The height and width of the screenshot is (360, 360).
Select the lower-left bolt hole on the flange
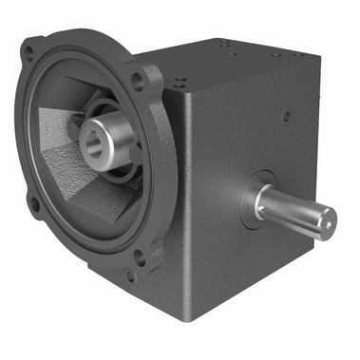(34, 202)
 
